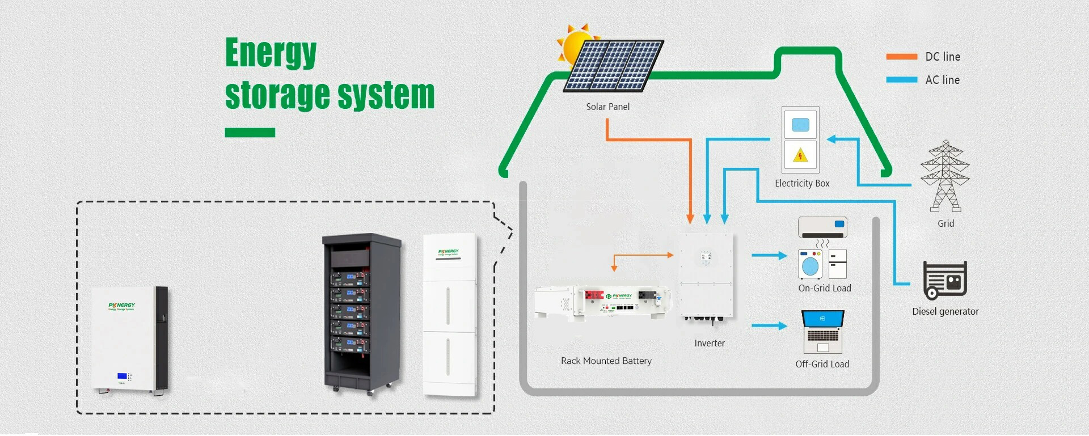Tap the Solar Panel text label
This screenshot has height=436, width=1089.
[607, 107]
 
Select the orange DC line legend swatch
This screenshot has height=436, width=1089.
[901, 57]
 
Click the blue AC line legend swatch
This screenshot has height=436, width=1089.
[901, 80]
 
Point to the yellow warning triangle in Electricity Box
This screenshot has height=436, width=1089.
[800, 155]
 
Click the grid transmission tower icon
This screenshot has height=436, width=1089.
[944, 177]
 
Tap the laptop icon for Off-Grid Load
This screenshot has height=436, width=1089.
[822, 332]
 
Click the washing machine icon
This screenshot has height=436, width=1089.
[810, 264]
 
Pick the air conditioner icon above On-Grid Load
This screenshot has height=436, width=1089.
[822, 227]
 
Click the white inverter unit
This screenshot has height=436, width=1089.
[707, 275]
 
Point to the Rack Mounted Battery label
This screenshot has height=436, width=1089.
[606, 361]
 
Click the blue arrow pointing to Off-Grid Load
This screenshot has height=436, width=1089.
[769, 326]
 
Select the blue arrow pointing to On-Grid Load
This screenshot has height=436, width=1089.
[769, 256]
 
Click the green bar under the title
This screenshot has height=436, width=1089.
[250, 133]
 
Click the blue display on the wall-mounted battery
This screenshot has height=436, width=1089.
[123, 376]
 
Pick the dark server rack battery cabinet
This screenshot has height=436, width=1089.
[361, 312]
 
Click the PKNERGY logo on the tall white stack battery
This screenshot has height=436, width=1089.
[448, 252]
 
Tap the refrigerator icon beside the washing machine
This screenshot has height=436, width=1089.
[837, 264]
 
